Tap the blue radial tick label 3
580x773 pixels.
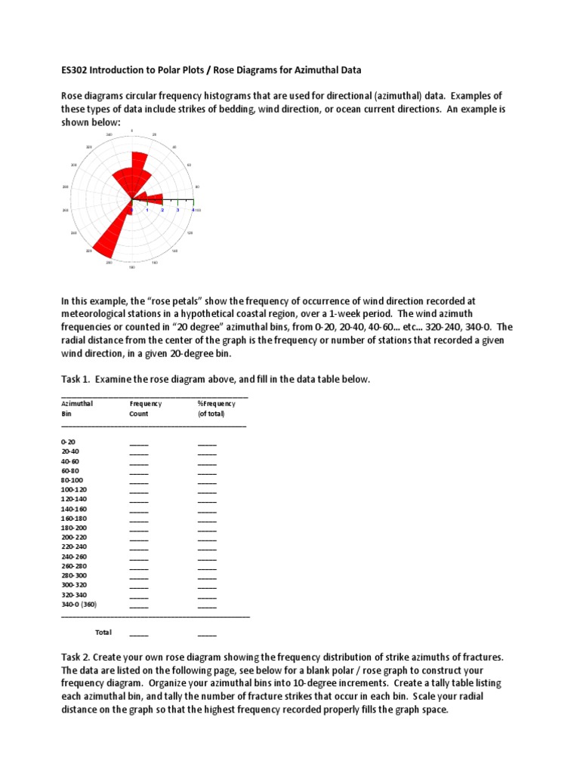pos(177,210)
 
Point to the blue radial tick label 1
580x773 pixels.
pos(147,210)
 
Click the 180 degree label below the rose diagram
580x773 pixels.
pos(132,267)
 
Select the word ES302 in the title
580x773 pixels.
pos(76,70)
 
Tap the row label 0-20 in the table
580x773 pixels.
pos(68,442)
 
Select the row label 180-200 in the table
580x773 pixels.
pos(74,528)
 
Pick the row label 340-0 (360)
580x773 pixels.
pos(79,605)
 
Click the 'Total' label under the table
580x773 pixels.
pos(103,632)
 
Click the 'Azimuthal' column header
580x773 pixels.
pos(77,404)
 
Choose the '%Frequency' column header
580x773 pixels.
pos(217,404)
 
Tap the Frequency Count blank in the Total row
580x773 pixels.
pos(139,634)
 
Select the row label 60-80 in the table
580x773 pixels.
pos(69,470)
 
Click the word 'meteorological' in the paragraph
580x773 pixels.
pos(102,313)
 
